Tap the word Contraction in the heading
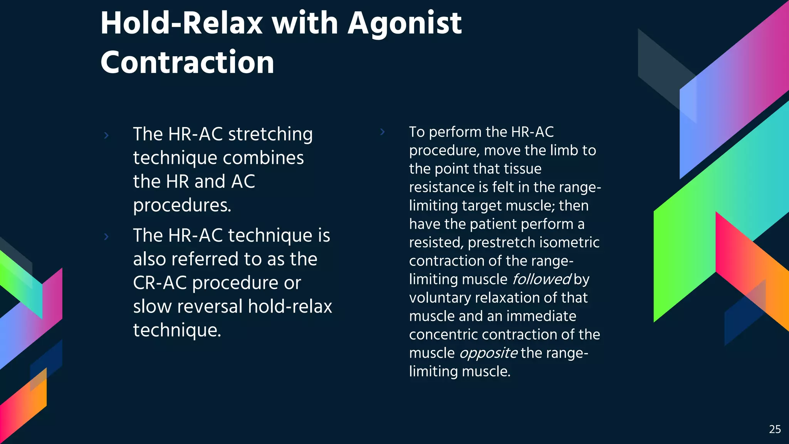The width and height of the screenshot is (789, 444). pos(187,63)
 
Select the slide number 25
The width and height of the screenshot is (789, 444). pos(775,429)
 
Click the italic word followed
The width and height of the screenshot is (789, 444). pos(541,279)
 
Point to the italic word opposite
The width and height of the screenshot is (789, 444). pos(489,353)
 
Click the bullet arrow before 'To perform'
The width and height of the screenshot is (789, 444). pos(382,132)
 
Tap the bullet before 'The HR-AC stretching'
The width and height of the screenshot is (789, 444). pos(106,135)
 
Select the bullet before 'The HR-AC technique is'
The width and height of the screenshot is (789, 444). pos(106,236)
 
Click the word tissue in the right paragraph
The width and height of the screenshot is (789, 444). pos(522,169)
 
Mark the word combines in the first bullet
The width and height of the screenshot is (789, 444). pos(263,158)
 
